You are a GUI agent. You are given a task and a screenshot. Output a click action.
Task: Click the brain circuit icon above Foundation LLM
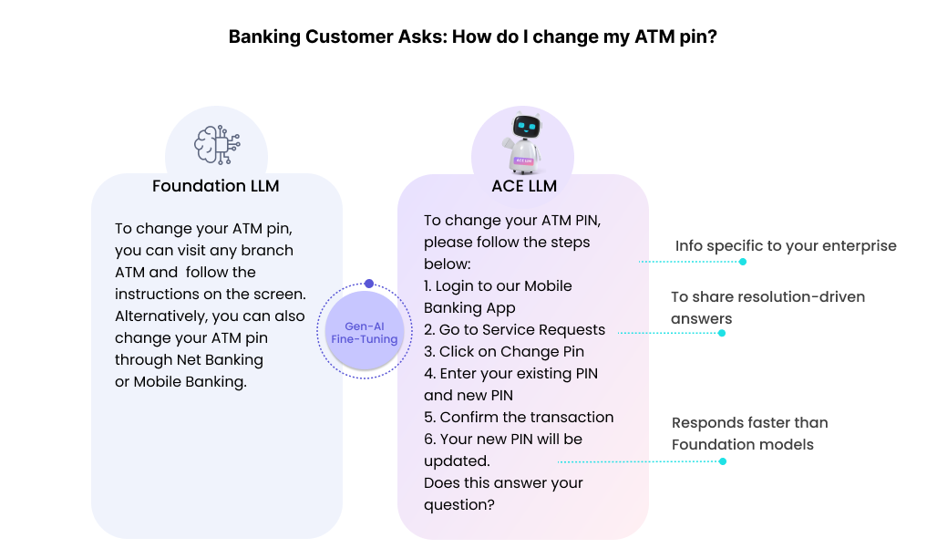point(217,144)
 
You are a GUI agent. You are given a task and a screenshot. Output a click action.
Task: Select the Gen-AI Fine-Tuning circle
point(365,331)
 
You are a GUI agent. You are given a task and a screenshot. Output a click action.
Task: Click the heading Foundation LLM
point(216,186)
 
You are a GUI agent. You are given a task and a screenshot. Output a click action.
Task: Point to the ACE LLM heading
point(524,186)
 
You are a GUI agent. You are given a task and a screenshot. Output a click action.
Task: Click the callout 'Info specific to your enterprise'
point(786,245)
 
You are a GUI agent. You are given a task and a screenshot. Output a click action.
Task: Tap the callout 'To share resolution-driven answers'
point(768,307)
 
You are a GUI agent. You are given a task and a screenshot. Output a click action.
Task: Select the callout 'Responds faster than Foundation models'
point(749,433)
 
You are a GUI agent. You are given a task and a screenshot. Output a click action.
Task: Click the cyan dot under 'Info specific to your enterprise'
point(743,262)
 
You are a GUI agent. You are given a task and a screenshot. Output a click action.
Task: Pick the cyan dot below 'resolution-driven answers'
point(722,333)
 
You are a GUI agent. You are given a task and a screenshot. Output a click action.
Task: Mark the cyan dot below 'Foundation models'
point(723,461)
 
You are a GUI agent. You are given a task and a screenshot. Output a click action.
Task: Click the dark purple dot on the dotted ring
point(369,284)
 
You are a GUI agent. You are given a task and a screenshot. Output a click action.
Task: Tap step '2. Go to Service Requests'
point(514,329)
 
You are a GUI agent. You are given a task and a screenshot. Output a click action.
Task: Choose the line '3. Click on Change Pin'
point(504,351)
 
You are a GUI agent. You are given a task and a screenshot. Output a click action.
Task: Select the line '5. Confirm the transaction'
point(519,417)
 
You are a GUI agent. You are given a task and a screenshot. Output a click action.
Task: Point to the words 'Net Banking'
point(220,359)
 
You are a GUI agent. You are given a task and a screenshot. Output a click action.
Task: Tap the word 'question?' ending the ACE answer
point(459,505)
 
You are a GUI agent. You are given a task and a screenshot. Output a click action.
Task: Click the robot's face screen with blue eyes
point(526,126)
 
